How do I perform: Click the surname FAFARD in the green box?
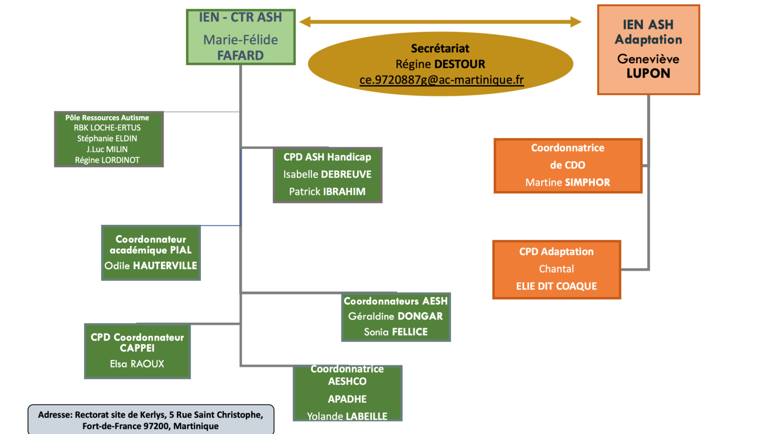pyautogui.click(x=240, y=55)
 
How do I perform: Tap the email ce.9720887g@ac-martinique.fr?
pyautogui.click(x=441, y=80)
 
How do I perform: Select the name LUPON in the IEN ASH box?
pyautogui.click(x=648, y=73)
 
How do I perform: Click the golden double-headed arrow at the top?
pyautogui.click(x=440, y=22)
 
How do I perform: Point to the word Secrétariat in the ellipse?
pyautogui.click(x=440, y=49)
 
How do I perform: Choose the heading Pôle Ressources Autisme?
pyautogui.click(x=107, y=118)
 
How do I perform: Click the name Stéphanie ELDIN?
pyautogui.click(x=107, y=139)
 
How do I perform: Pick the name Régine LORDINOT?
pyautogui.click(x=107, y=160)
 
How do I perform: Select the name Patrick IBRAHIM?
pyautogui.click(x=327, y=191)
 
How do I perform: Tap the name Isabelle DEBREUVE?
pyautogui.click(x=327, y=174)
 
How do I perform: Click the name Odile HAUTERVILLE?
pyautogui.click(x=151, y=266)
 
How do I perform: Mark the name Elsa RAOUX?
pyautogui.click(x=137, y=364)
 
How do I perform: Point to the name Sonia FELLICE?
pyautogui.click(x=396, y=332)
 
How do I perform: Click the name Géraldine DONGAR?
pyautogui.click(x=396, y=316)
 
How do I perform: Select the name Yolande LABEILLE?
pyautogui.click(x=347, y=416)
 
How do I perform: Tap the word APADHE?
pyautogui.click(x=347, y=399)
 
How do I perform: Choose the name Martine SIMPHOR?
pyautogui.click(x=567, y=182)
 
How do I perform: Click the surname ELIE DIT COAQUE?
pyautogui.click(x=556, y=286)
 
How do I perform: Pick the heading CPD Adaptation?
pyautogui.click(x=556, y=252)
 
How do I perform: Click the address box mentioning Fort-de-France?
pyautogui.click(x=150, y=420)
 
